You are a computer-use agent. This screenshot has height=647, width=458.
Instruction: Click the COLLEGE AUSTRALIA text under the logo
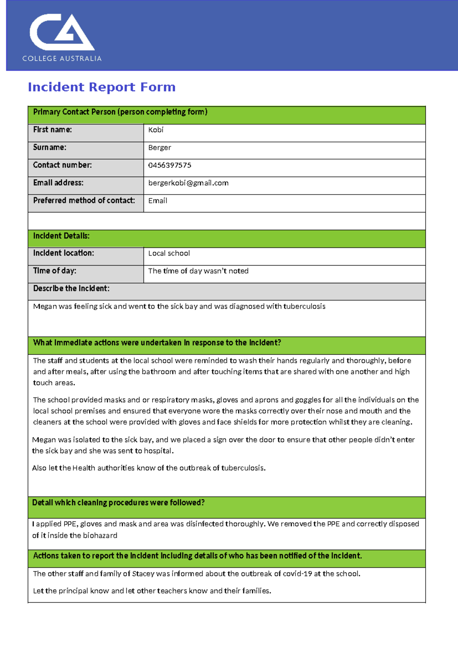[62, 59]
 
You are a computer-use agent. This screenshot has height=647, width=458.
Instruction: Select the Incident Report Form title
[102, 87]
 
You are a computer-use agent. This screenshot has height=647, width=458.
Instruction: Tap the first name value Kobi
[156, 130]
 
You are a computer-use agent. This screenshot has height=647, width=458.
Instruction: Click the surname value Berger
[160, 148]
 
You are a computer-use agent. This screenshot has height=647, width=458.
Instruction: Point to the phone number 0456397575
[169, 165]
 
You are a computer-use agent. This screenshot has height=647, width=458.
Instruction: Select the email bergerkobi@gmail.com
[188, 183]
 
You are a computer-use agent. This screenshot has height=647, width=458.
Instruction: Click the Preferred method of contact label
[84, 201]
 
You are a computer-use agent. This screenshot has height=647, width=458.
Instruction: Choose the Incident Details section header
[61, 236]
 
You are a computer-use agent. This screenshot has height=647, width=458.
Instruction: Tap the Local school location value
[169, 253]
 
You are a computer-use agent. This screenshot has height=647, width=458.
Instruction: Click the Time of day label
[55, 271]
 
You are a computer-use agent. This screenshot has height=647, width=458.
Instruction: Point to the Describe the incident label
[71, 289]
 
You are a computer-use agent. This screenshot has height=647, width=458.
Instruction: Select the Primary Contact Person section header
[120, 112]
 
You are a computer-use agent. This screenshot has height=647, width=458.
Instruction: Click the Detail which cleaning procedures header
[118, 503]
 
